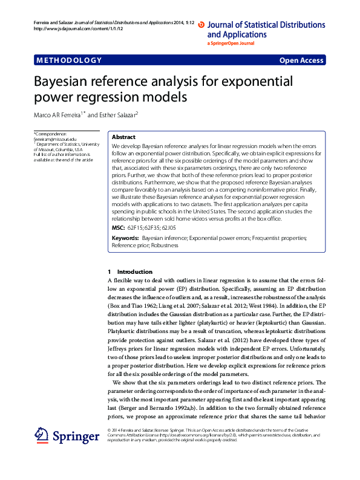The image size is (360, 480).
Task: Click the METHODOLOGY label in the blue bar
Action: coord(69,60)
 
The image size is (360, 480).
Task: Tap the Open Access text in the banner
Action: coord(301,60)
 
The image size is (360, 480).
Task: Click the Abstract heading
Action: coord(123,137)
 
